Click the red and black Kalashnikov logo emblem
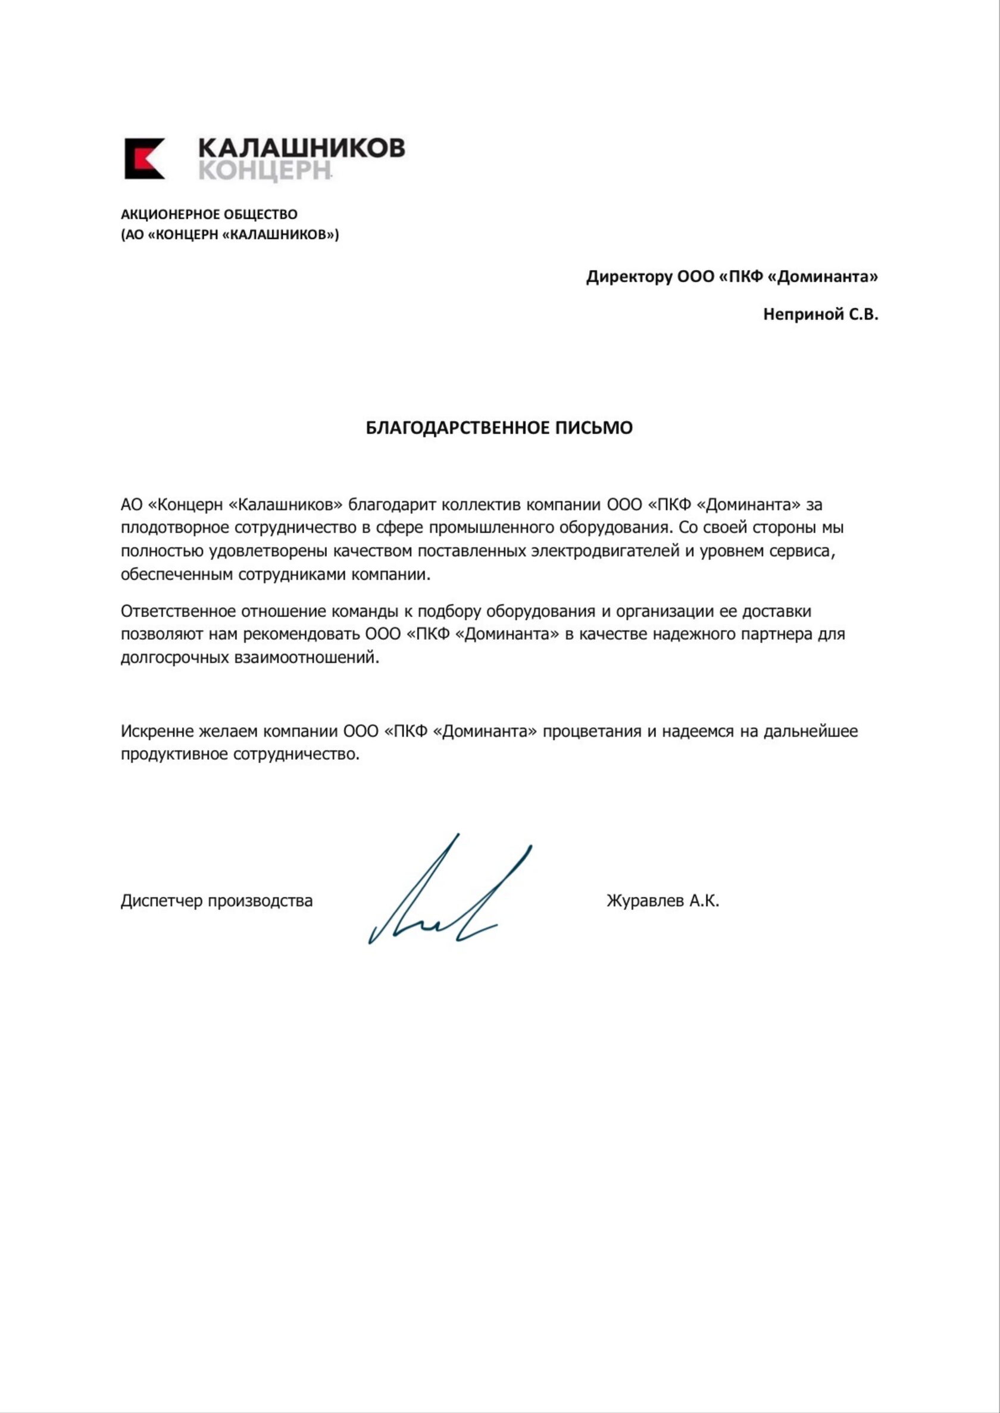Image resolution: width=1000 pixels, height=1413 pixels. (145, 158)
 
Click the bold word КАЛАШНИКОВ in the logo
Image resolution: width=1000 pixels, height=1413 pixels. (301, 148)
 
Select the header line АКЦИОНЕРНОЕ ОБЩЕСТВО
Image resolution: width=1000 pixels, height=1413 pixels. (209, 214)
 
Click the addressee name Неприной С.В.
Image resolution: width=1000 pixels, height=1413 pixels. (820, 315)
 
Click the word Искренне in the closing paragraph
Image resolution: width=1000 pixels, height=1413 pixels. (157, 731)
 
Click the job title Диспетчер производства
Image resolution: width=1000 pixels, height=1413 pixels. (217, 901)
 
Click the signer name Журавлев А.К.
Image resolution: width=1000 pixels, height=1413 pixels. (662, 901)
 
